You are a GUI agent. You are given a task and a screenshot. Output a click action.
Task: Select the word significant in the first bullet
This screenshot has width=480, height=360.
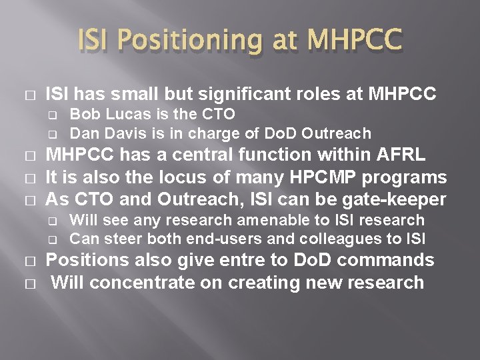pyautogui.click(x=237, y=95)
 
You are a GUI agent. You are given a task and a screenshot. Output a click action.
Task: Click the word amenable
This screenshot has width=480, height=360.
pyautogui.click(x=243, y=220)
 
